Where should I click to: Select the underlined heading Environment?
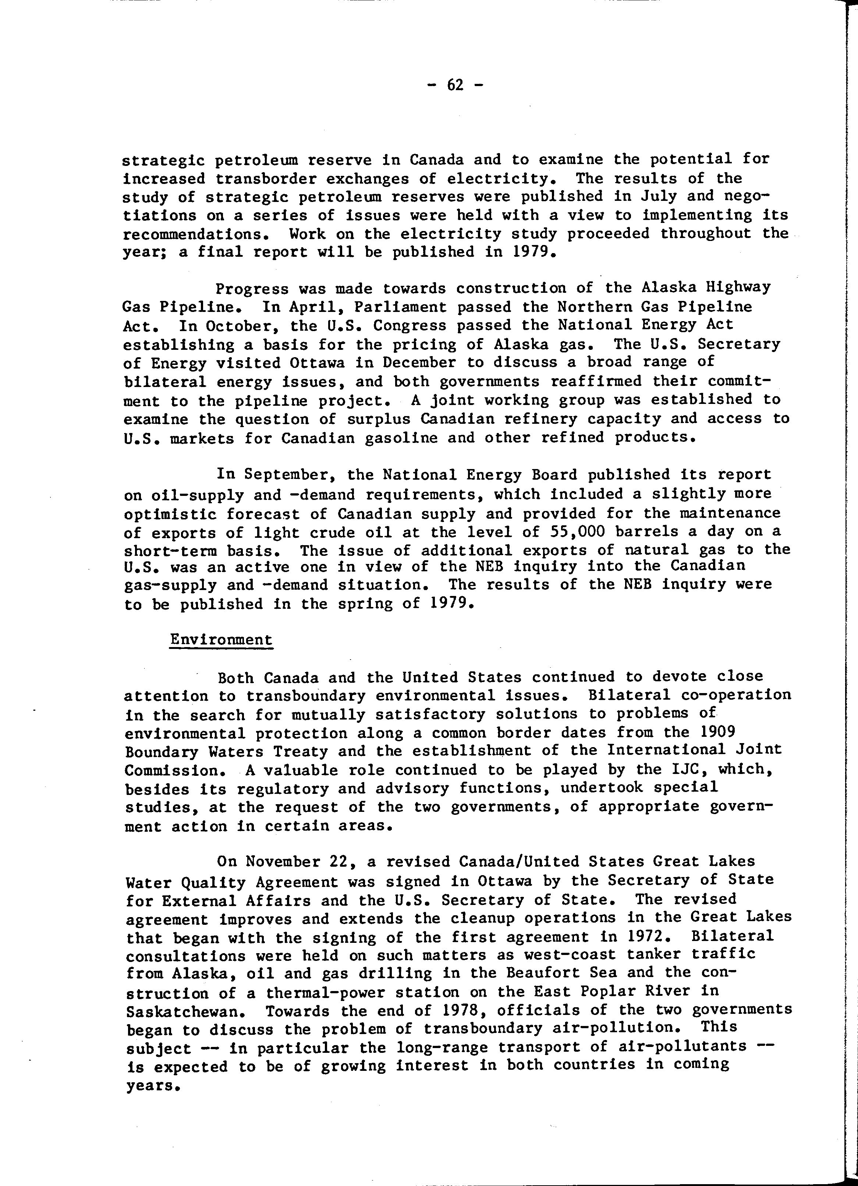click(221, 640)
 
